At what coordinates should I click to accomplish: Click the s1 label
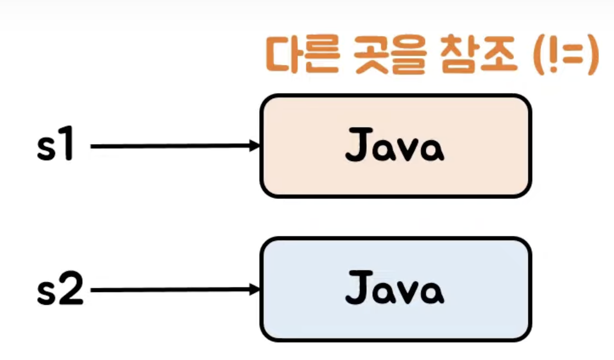(x=55, y=146)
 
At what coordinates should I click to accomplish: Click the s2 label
(x=60, y=290)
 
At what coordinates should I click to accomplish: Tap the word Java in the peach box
(x=395, y=147)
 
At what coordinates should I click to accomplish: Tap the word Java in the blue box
(x=395, y=290)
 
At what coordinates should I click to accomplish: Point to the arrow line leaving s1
(x=170, y=146)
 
